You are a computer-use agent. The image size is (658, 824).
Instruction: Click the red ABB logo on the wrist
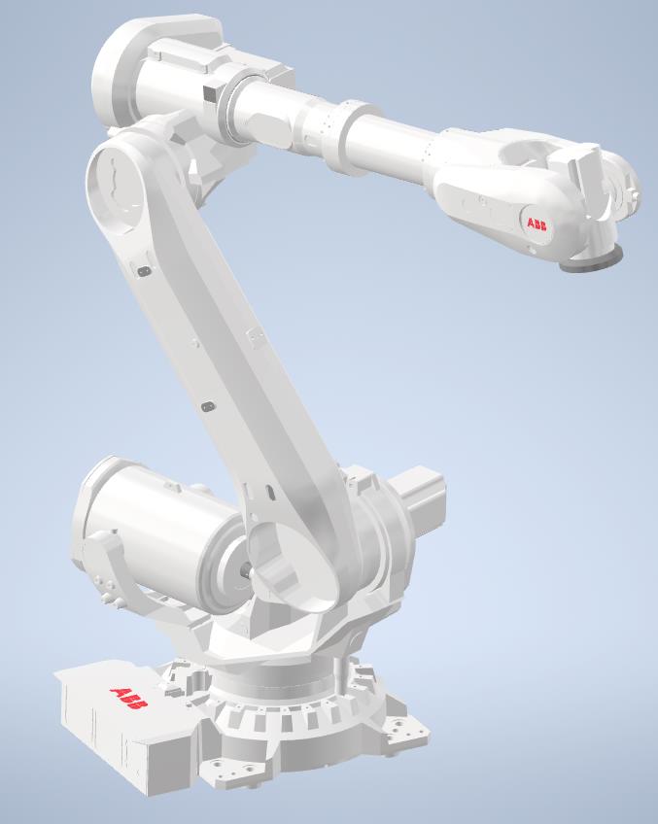537,223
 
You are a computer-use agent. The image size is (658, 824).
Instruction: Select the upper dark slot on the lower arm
143,272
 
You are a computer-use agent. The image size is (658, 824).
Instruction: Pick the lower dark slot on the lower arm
205,403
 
